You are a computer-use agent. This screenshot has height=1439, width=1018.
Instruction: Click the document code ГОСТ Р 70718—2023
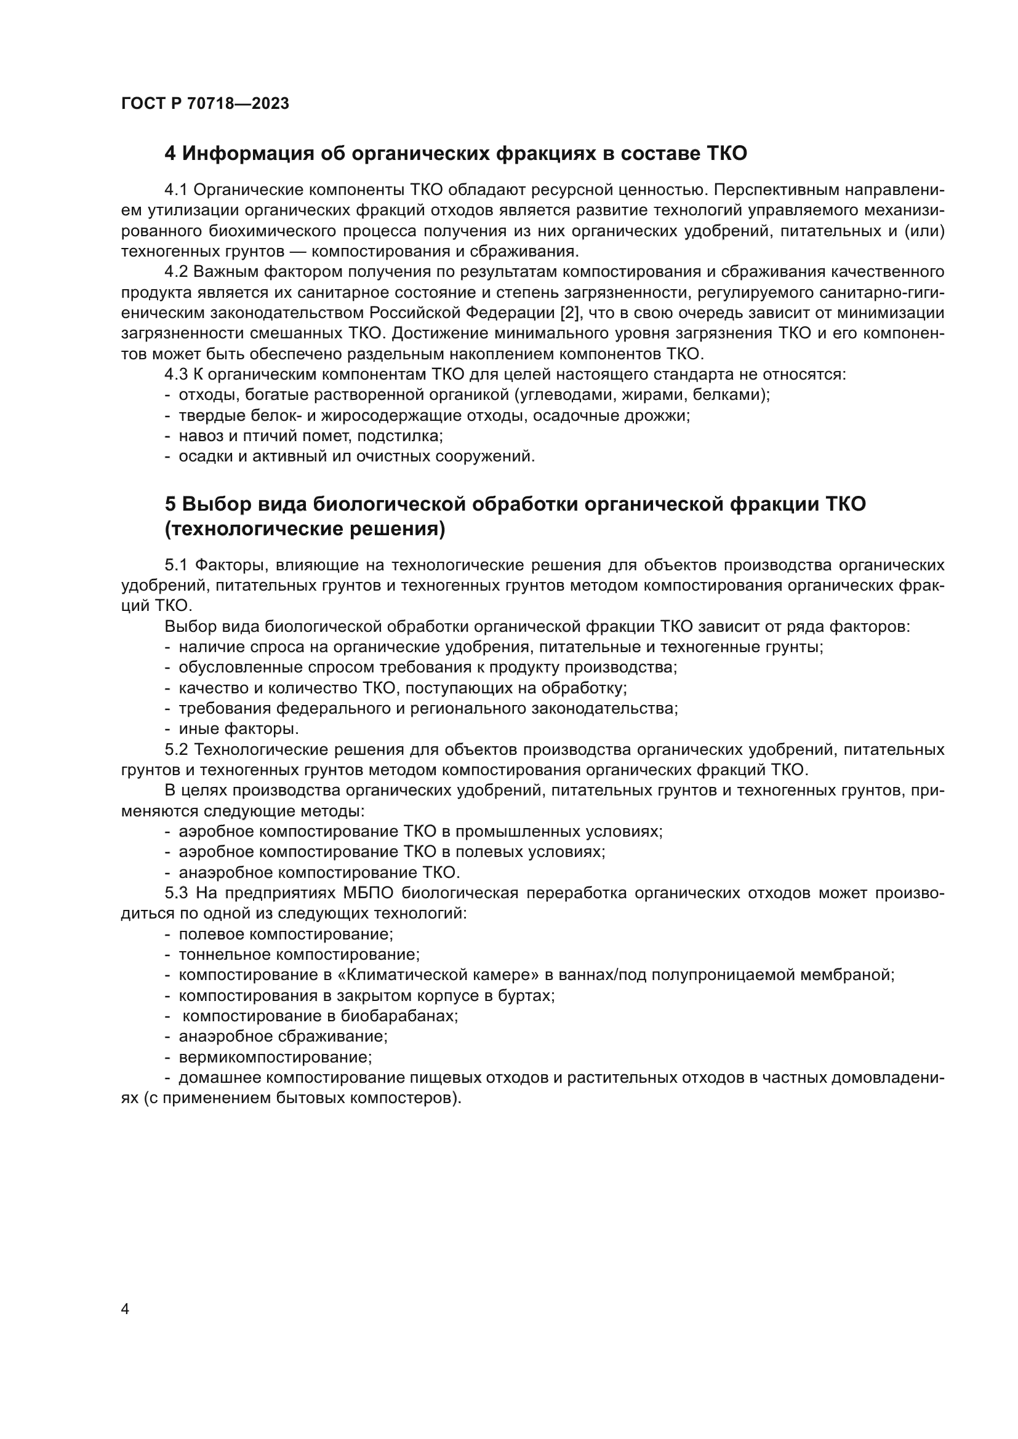[x=205, y=104]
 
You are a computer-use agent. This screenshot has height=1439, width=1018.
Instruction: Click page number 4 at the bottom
[x=125, y=1309]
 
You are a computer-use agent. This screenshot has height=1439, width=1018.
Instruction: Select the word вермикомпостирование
[x=275, y=1058]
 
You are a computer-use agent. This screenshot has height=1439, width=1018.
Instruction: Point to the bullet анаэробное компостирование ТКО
[x=319, y=872]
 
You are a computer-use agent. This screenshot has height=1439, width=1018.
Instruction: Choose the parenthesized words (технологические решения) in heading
[x=305, y=530]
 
